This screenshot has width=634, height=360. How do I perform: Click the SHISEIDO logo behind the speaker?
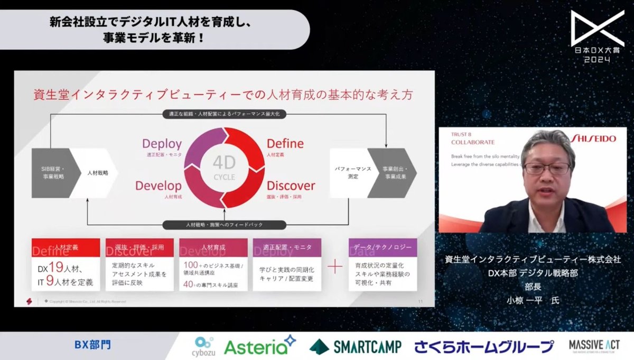593,139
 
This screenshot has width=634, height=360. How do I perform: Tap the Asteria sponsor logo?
259,346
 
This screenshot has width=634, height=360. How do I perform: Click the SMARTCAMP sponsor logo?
356,347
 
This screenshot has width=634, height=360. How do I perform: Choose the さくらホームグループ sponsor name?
484,347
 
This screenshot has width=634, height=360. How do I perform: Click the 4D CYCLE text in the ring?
223,169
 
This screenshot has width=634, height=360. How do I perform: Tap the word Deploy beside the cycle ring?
162,144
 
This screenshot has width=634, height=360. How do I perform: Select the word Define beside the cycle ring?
285,144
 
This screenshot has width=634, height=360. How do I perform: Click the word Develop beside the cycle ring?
158,186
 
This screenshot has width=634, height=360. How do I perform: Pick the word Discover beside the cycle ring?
291,186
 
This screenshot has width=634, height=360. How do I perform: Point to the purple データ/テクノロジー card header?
383,247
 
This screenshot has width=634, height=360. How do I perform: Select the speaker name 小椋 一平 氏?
532,300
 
